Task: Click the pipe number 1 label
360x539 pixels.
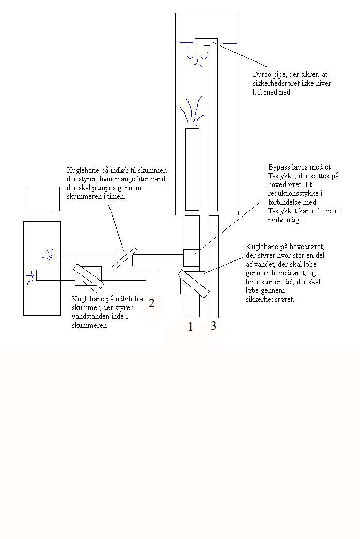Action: click(191, 327)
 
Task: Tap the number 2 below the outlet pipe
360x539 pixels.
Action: click(152, 303)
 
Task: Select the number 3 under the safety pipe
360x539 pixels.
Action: click(213, 326)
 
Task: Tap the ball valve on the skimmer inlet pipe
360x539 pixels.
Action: click(123, 257)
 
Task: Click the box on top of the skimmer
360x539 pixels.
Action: click(42, 198)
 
